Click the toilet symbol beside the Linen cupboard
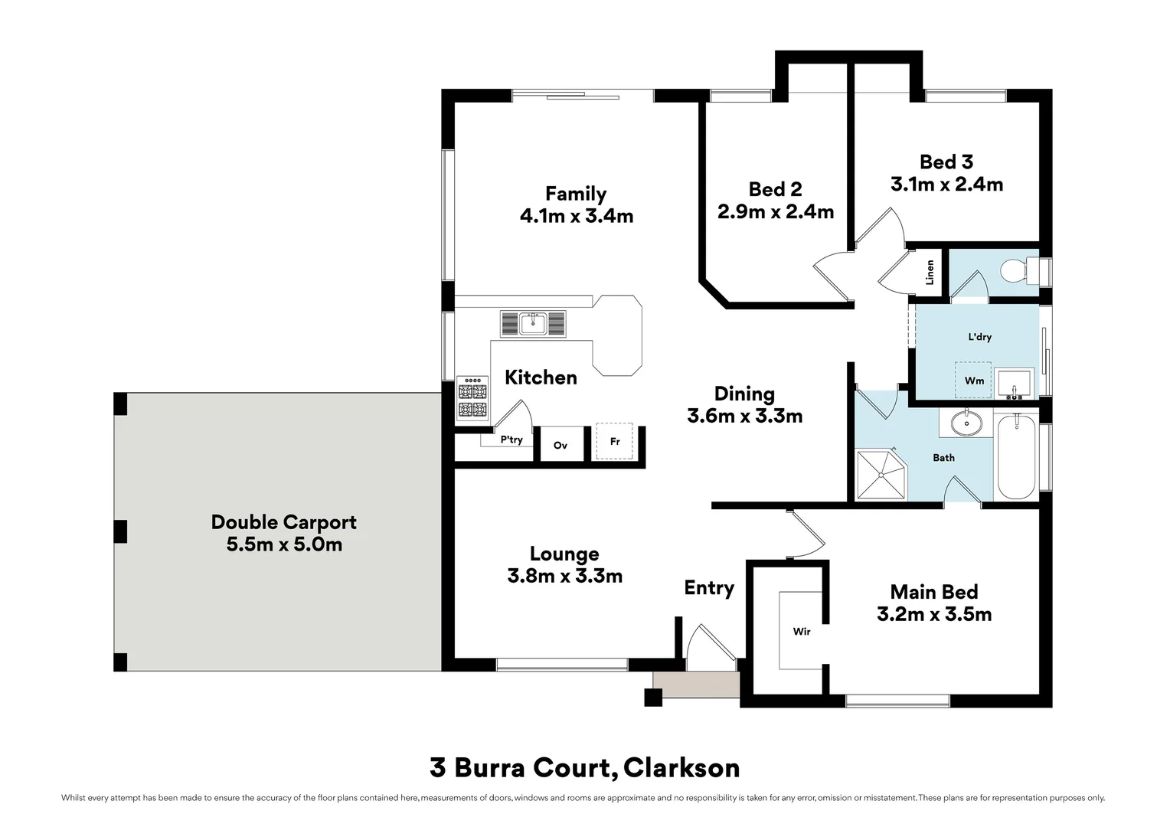click(1019, 270)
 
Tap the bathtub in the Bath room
click(1016, 456)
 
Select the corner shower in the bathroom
click(881, 474)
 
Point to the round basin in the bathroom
click(966, 423)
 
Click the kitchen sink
click(533, 323)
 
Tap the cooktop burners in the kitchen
click(472, 398)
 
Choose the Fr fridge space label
click(615, 442)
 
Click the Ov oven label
click(560, 445)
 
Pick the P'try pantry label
click(511, 440)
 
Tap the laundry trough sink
click(1014, 384)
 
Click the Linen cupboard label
click(930, 272)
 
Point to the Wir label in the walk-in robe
click(801, 632)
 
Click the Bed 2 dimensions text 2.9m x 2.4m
click(775, 211)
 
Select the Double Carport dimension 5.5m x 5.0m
click(284, 544)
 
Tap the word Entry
click(709, 588)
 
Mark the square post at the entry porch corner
click(653, 698)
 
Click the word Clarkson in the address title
click(681, 768)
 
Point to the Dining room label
click(744, 394)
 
